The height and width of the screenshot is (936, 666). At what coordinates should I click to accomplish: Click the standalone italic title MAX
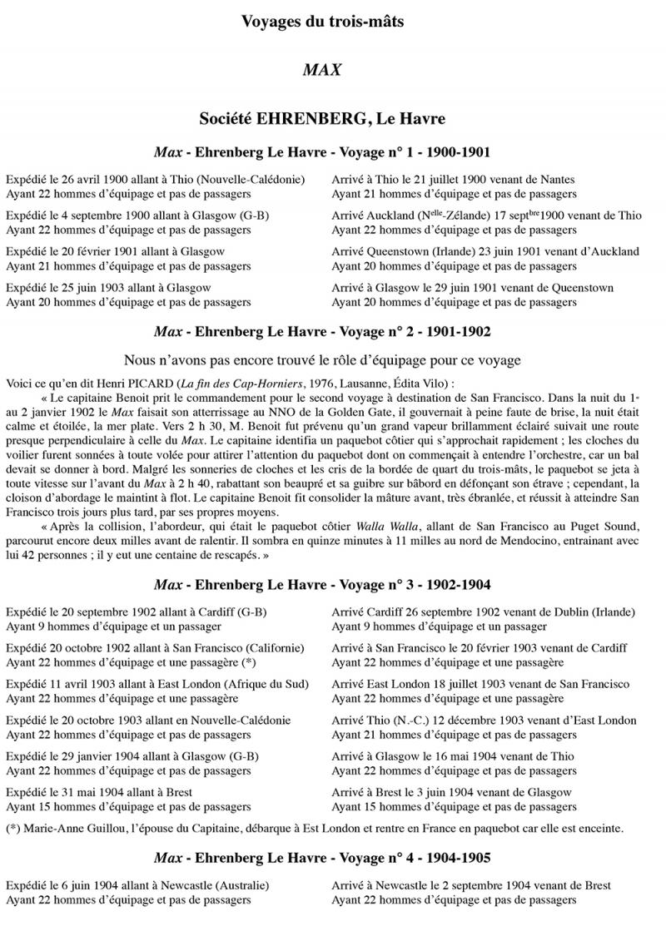click(322, 70)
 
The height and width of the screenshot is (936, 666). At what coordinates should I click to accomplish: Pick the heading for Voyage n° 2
click(322, 331)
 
